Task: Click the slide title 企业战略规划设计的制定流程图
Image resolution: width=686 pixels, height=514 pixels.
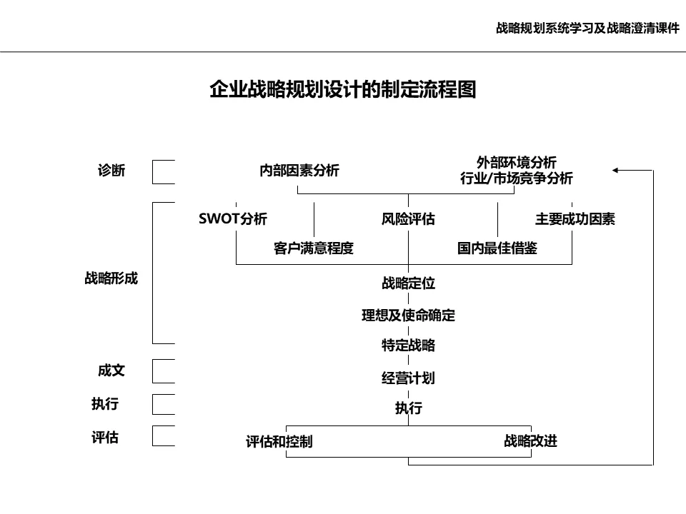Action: tap(342, 90)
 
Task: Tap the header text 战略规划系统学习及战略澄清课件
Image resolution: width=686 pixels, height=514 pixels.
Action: tap(587, 29)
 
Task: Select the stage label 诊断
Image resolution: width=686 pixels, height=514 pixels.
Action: tap(111, 171)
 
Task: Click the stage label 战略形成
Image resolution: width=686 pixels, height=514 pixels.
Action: tap(111, 279)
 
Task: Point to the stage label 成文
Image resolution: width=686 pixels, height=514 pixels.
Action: tap(111, 371)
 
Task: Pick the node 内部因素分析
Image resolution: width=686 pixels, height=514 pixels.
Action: tap(299, 171)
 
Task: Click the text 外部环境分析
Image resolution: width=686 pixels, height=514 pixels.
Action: tap(516, 162)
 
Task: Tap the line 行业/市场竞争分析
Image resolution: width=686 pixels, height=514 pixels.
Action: tap(516, 179)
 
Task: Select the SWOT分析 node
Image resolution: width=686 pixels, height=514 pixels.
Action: tap(233, 219)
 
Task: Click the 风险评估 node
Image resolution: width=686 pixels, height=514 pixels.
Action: tap(408, 219)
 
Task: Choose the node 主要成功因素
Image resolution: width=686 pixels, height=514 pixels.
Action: tap(575, 219)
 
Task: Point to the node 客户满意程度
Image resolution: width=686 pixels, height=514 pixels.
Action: tap(314, 248)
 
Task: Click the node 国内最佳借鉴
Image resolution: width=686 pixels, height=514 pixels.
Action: tap(497, 248)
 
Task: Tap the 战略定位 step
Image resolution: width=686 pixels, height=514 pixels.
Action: tap(408, 283)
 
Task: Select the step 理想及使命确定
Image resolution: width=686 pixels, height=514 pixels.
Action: tap(408, 315)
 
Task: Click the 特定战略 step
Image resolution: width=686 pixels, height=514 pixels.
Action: tap(408, 346)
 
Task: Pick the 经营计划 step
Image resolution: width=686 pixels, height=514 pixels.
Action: tap(408, 378)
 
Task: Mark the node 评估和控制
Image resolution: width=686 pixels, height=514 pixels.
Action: tap(279, 442)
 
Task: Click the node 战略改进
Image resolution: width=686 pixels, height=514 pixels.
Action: tap(530, 440)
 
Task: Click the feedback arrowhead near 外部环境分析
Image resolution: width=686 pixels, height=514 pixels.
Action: tap(617, 171)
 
